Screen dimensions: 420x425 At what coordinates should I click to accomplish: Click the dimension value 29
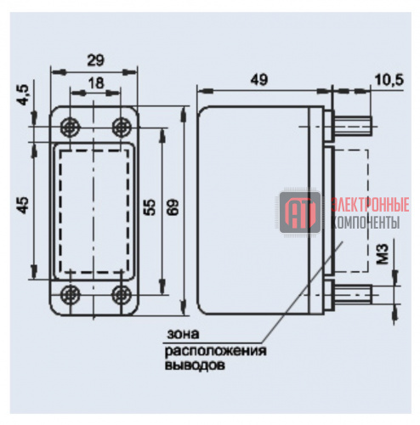click(x=95, y=60)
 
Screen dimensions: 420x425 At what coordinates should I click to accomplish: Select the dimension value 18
click(x=96, y=83)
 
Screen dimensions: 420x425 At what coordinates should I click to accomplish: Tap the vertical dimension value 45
click(x=23, y=206)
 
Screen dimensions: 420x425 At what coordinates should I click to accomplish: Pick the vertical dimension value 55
click(x=150, y=207)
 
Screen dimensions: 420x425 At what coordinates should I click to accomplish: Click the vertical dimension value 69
click(x=173, y=207)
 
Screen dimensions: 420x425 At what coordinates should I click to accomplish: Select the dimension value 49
click(x=258, y=80)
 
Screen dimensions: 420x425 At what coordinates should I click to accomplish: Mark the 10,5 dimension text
click(x=389, y=80)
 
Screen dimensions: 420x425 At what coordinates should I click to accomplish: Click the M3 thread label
click(x=383, y=254)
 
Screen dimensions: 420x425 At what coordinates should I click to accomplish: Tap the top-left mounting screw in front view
click(x=71, y=127)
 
